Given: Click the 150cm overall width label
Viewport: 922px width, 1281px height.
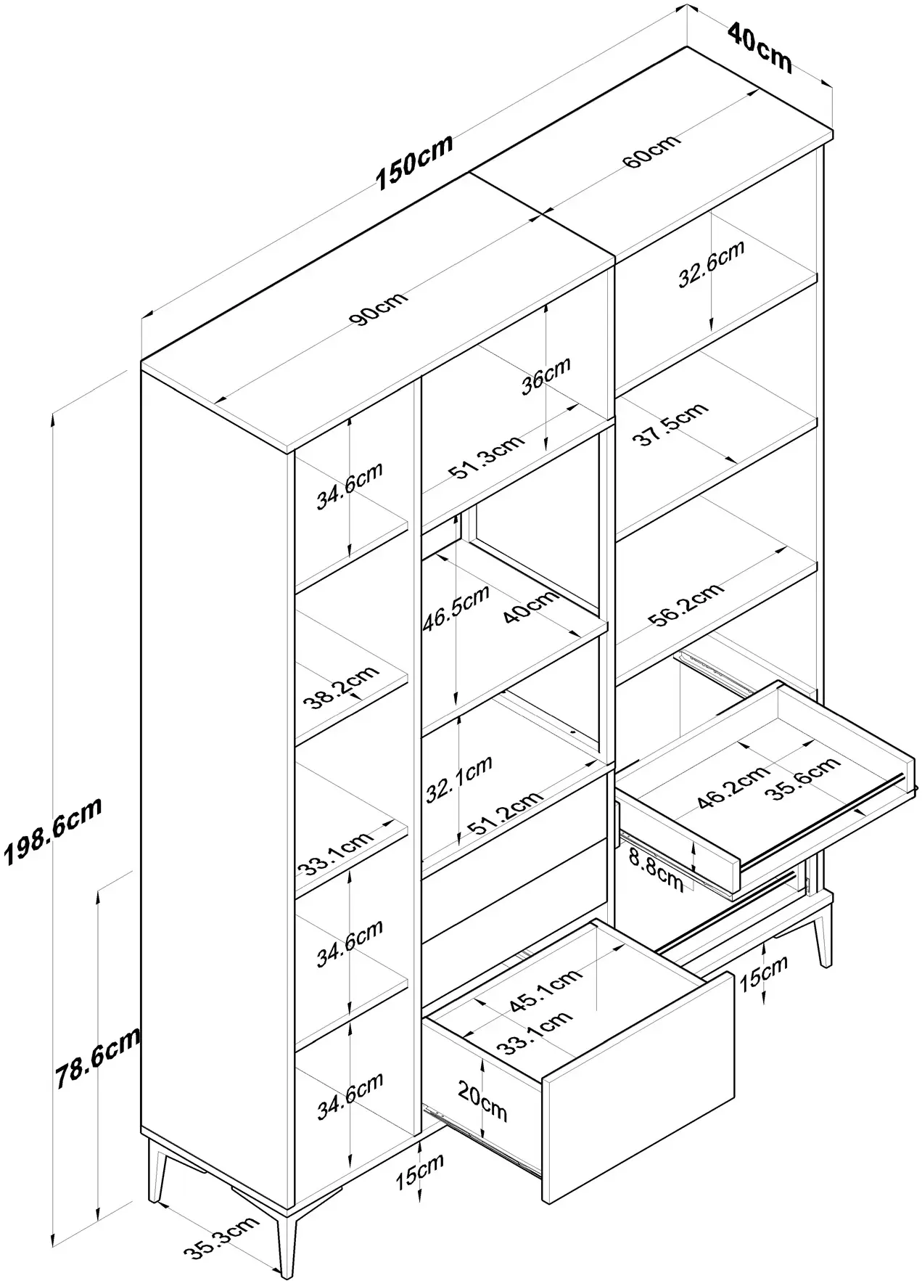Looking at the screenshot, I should (x=414, y=163).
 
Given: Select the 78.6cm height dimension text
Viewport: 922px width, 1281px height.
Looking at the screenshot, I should (x=97, y=1057).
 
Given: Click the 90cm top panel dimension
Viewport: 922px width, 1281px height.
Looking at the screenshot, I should (x=378, y=308).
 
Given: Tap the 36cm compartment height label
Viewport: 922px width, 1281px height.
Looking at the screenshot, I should (x=546, y=375).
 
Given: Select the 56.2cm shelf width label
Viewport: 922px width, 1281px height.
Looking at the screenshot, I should (x=686, y=603).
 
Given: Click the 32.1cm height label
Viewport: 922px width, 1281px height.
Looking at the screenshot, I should (x=458, y=778).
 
